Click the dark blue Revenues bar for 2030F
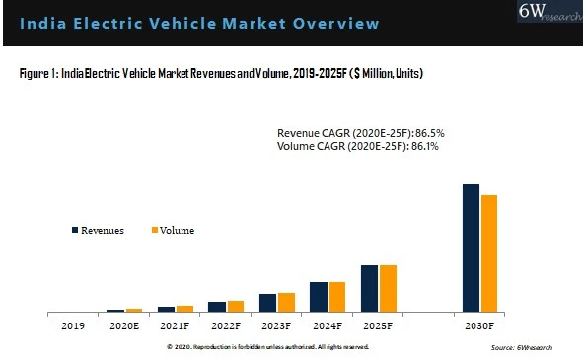coord(471,248)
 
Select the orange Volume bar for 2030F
coord(489,253)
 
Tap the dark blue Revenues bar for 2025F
coord(369,288)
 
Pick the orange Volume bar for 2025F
coord(388,288)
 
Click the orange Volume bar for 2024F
coord(337,297)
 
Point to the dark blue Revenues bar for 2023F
coord(267,303)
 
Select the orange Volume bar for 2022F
coord(236,306)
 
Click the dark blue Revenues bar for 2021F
coord(166,309)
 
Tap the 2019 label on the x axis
coord(73,325)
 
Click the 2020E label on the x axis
coord(124,325)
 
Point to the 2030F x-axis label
coord(479,325)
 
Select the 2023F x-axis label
coord(276,325)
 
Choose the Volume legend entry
coord(172,231)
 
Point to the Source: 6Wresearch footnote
coord(522,348)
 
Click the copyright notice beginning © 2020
coord(267,347)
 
